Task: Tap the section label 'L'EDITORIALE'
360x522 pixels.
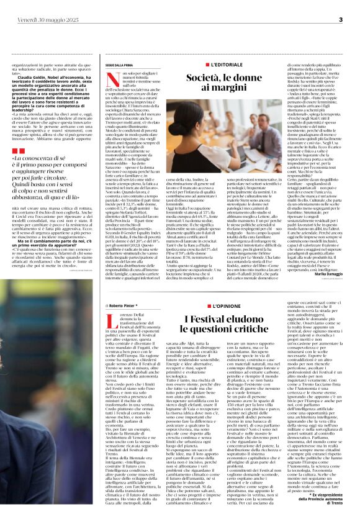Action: (x=218, y=65)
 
